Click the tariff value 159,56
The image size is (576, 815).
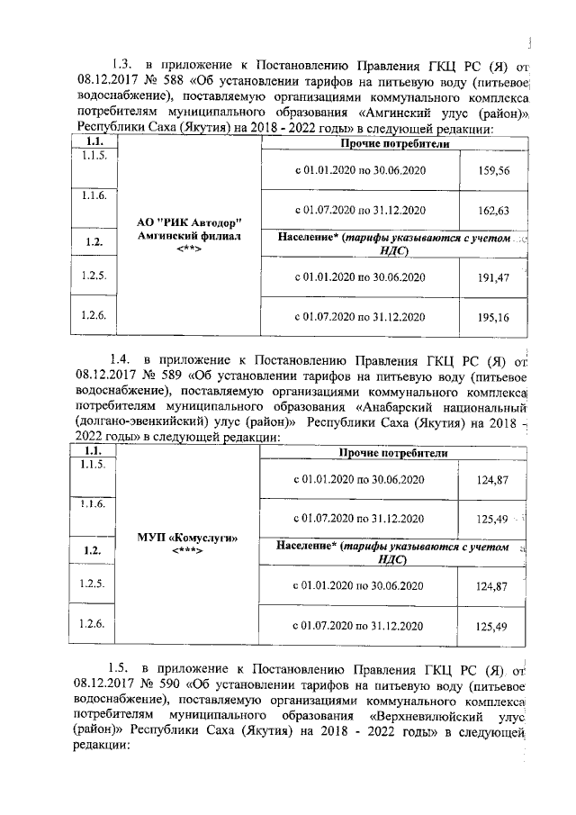(x=491, y=170)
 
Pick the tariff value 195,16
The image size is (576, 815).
(x=491, y=317)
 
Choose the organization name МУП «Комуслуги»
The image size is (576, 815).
(x=188, y=537)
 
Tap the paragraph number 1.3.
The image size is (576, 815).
(x=122, y=64)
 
